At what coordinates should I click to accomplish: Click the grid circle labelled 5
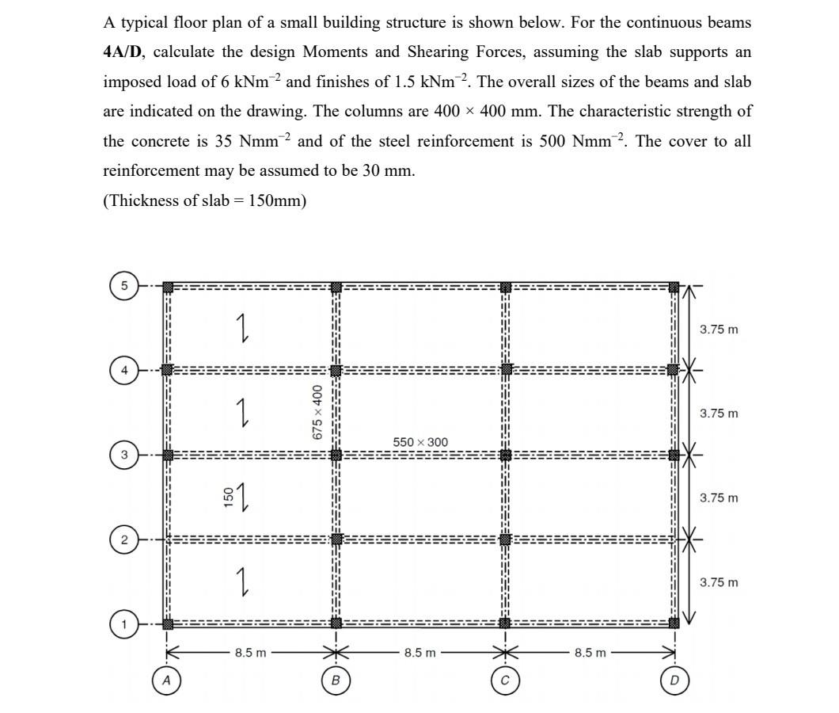coord(123,286)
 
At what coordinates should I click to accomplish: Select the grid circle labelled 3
coord(123,455)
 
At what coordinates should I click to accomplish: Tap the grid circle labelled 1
coord(123,624)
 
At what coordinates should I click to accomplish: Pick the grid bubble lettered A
coord(166,680)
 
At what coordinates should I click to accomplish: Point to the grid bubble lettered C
coord(504,680)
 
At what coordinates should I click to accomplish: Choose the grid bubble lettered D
coord(674,680)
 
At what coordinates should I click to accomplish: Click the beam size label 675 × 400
coord(317,412)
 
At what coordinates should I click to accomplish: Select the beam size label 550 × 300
coord(420,441)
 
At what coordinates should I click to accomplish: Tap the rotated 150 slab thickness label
coord(229,497)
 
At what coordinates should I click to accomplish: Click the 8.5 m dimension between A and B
coord(251,653)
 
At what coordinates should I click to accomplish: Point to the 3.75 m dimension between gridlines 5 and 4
coord(719,329)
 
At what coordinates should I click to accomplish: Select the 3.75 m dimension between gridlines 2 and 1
coord(719,582)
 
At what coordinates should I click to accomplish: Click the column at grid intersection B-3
coord(336,455)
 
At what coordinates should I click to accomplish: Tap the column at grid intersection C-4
coord(505,370)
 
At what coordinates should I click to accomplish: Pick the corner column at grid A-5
coord(168,287)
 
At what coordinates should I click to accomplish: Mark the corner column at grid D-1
coord(674,623)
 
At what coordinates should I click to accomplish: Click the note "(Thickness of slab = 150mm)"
coord(204,200)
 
